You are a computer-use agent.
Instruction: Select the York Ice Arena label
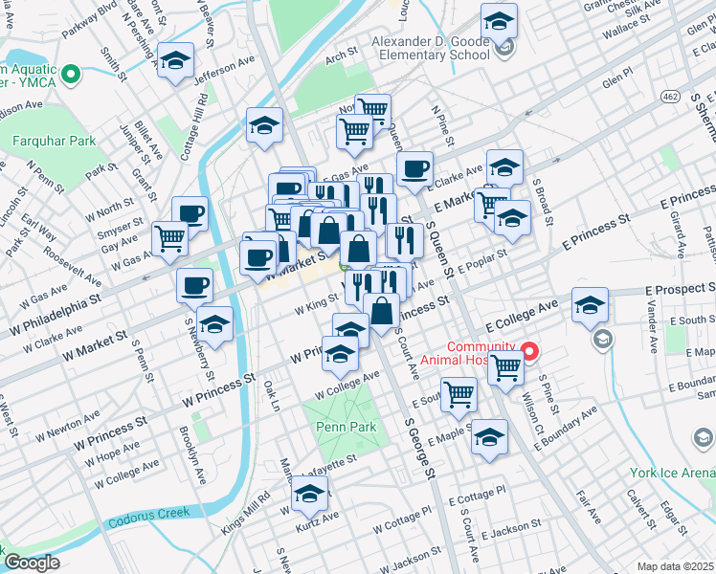tap(672, 473)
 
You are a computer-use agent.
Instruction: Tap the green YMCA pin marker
tap(70, 73)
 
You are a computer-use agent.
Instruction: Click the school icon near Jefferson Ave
tap(175, 63)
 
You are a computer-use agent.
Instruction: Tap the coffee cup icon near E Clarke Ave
tap(414, 169)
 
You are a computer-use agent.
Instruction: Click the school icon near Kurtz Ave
tap(309, 495)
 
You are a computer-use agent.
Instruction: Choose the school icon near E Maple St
tap(490, 438)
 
